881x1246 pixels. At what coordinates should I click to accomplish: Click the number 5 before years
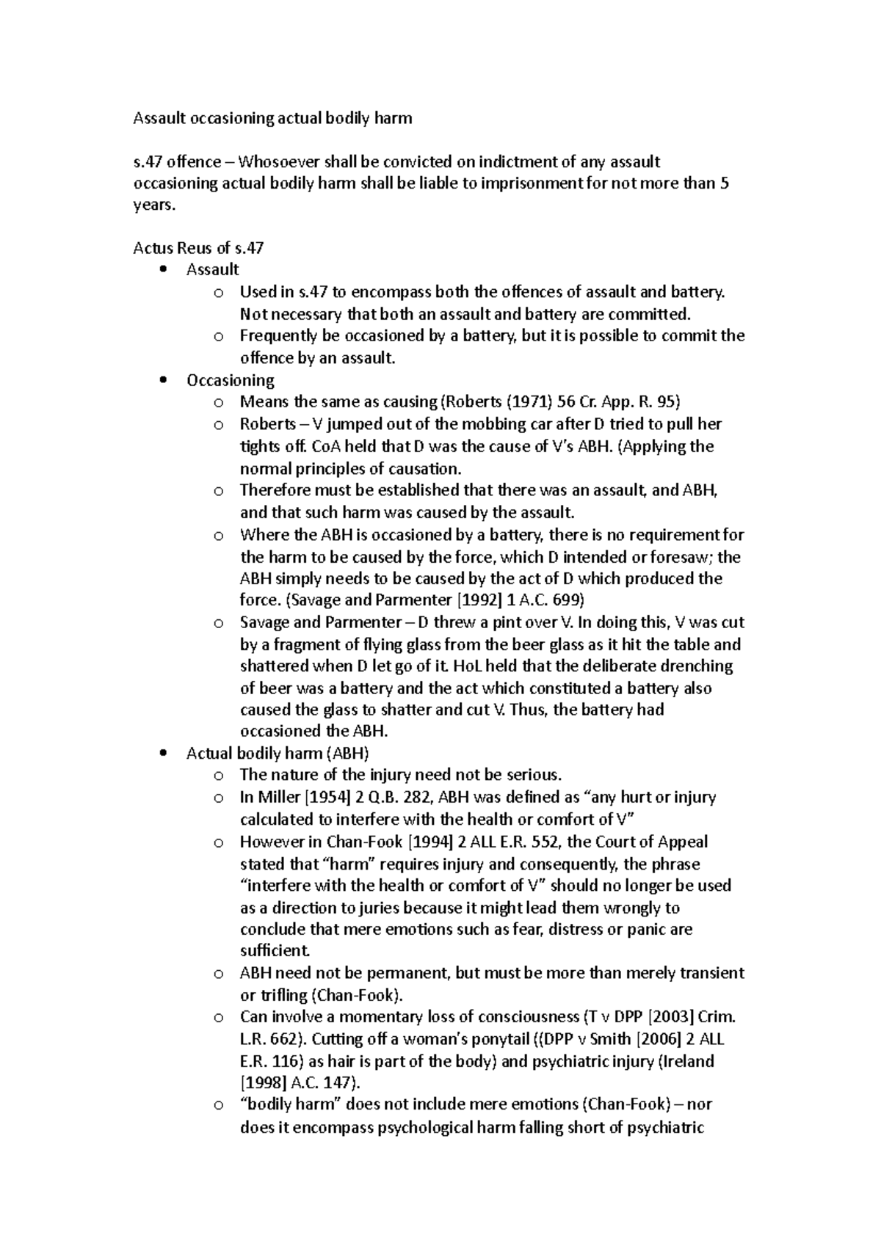[x=725, y=183]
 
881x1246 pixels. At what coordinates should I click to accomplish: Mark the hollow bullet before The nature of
[x=217, y=776]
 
